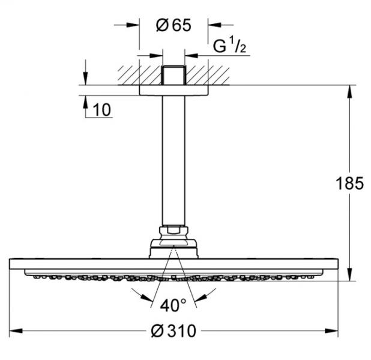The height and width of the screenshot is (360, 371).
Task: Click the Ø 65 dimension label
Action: click(x=173, y=25)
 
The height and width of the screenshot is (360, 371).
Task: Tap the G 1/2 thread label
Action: click(x=229, y=46)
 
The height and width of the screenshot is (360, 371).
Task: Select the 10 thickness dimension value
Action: click(x=101, y=110)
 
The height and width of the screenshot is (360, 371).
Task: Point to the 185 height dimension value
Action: click(x=350, y=183)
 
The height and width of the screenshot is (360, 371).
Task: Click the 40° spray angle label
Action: click(x=173, y=305)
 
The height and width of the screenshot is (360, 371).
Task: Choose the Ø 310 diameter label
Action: click(x=173, y=331)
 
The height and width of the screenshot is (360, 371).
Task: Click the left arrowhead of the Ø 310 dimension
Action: click(x=16, y=331)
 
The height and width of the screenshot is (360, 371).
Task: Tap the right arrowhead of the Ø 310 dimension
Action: click(x=331, y=331)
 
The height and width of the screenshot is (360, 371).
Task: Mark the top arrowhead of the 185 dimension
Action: click(x=350, y=91)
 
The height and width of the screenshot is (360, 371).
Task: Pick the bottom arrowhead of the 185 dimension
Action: click(x=350, y=274)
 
